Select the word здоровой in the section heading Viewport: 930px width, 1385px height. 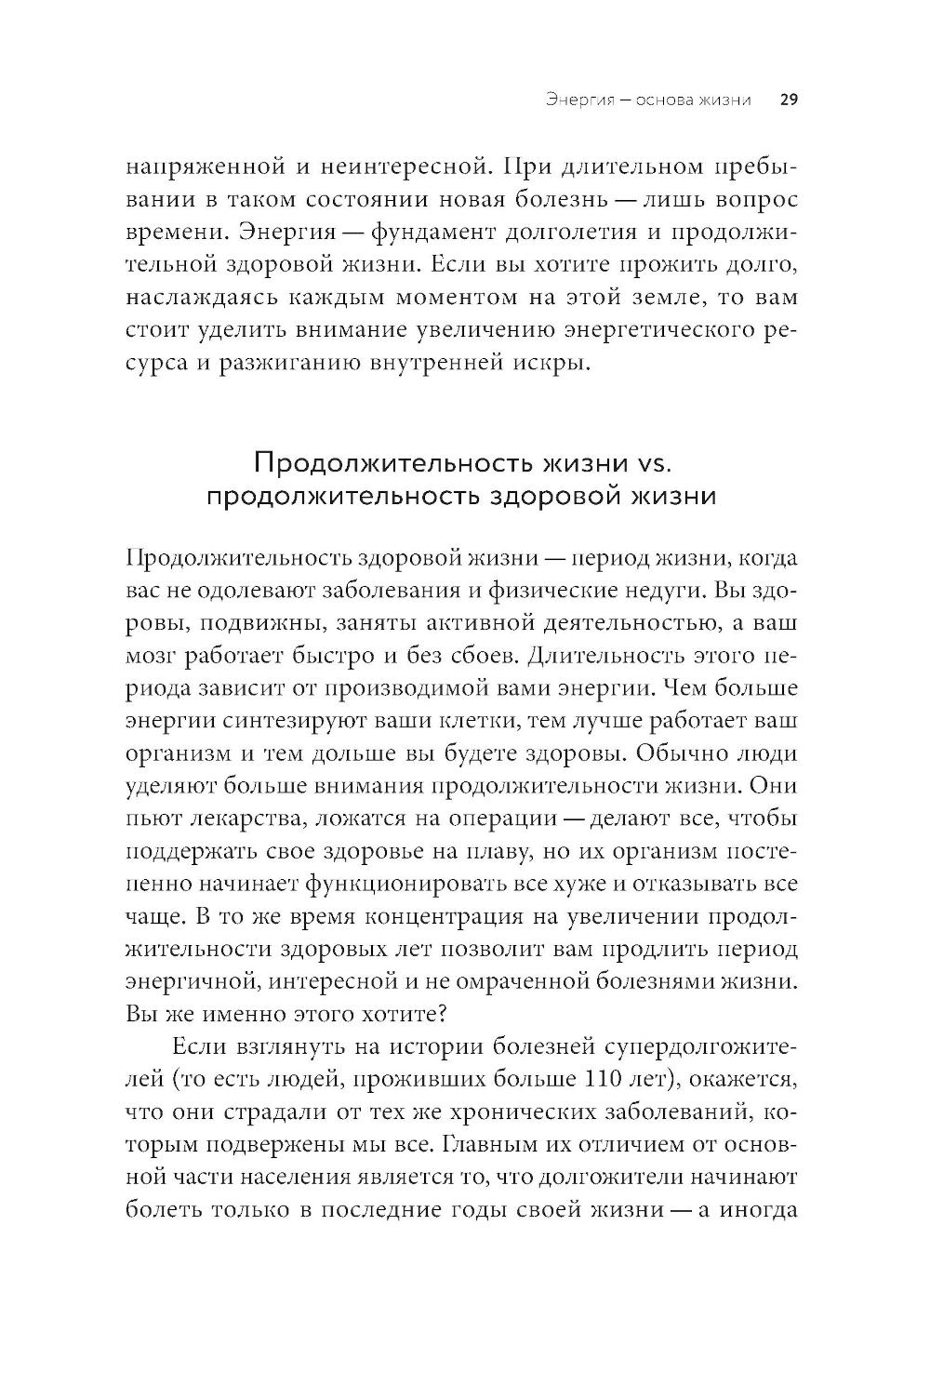[x=532, y=495]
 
